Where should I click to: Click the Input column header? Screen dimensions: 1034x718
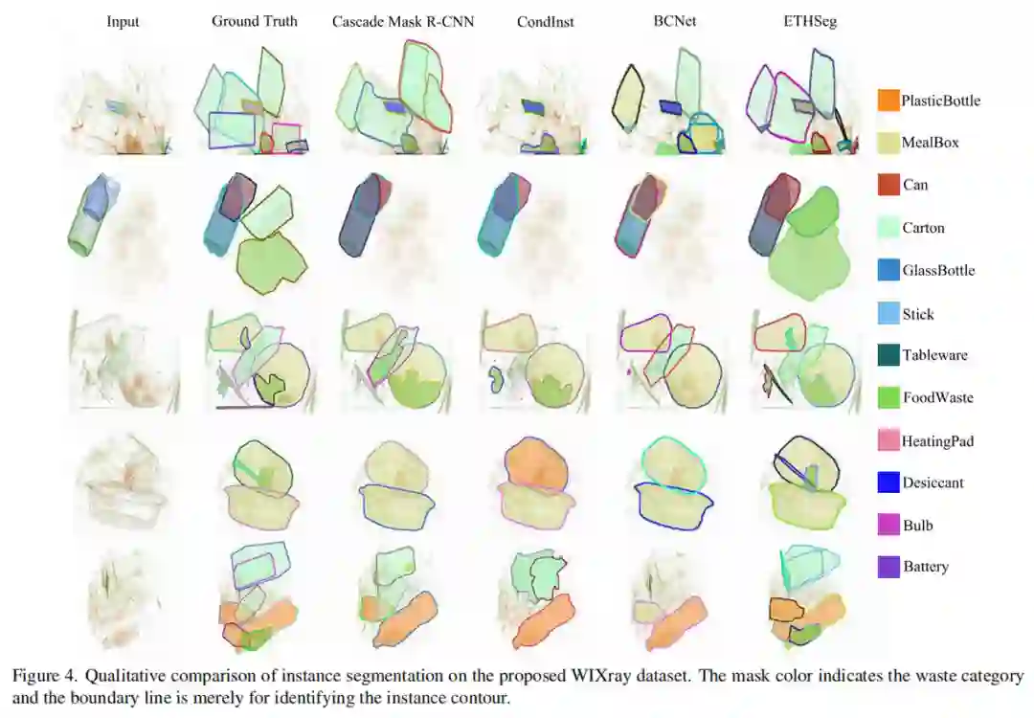click(123, 22)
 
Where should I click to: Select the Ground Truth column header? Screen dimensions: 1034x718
click(255, 21)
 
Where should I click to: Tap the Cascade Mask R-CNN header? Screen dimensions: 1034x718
click(403, 22)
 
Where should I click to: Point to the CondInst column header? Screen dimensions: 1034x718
click(546, 22)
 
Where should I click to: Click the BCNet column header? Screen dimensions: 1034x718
click(675, 21)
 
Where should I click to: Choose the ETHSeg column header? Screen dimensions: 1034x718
click(810, 21)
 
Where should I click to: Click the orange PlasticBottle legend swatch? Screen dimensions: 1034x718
click(888, 101)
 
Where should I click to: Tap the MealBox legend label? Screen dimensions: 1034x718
click(930, 143)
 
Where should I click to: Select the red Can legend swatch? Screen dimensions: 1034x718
click(888, 185)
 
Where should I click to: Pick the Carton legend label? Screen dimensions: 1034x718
click(923, 228)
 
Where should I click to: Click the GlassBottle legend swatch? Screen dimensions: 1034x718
click(888, 270)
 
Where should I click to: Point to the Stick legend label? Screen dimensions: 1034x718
click(918, 314)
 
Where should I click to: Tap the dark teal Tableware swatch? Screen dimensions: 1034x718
click(888, 355)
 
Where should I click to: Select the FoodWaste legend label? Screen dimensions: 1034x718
click(937, 397)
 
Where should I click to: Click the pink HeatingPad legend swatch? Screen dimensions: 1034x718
click(888, 439)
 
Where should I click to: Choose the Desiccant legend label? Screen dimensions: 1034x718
click(933, 482)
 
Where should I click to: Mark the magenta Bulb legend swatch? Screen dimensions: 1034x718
click(888, 525)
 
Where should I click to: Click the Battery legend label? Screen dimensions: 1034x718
click(926, 567)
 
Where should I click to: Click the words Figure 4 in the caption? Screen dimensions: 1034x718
click(44, 676)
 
